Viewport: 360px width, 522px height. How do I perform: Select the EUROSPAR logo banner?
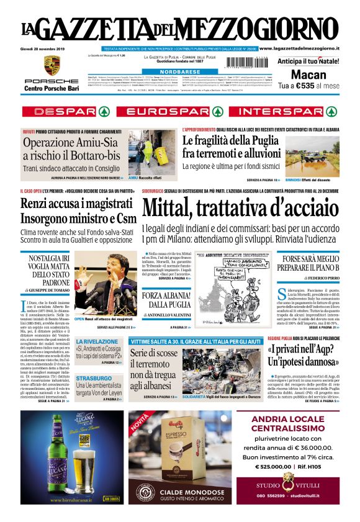click(x=179, y=112)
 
